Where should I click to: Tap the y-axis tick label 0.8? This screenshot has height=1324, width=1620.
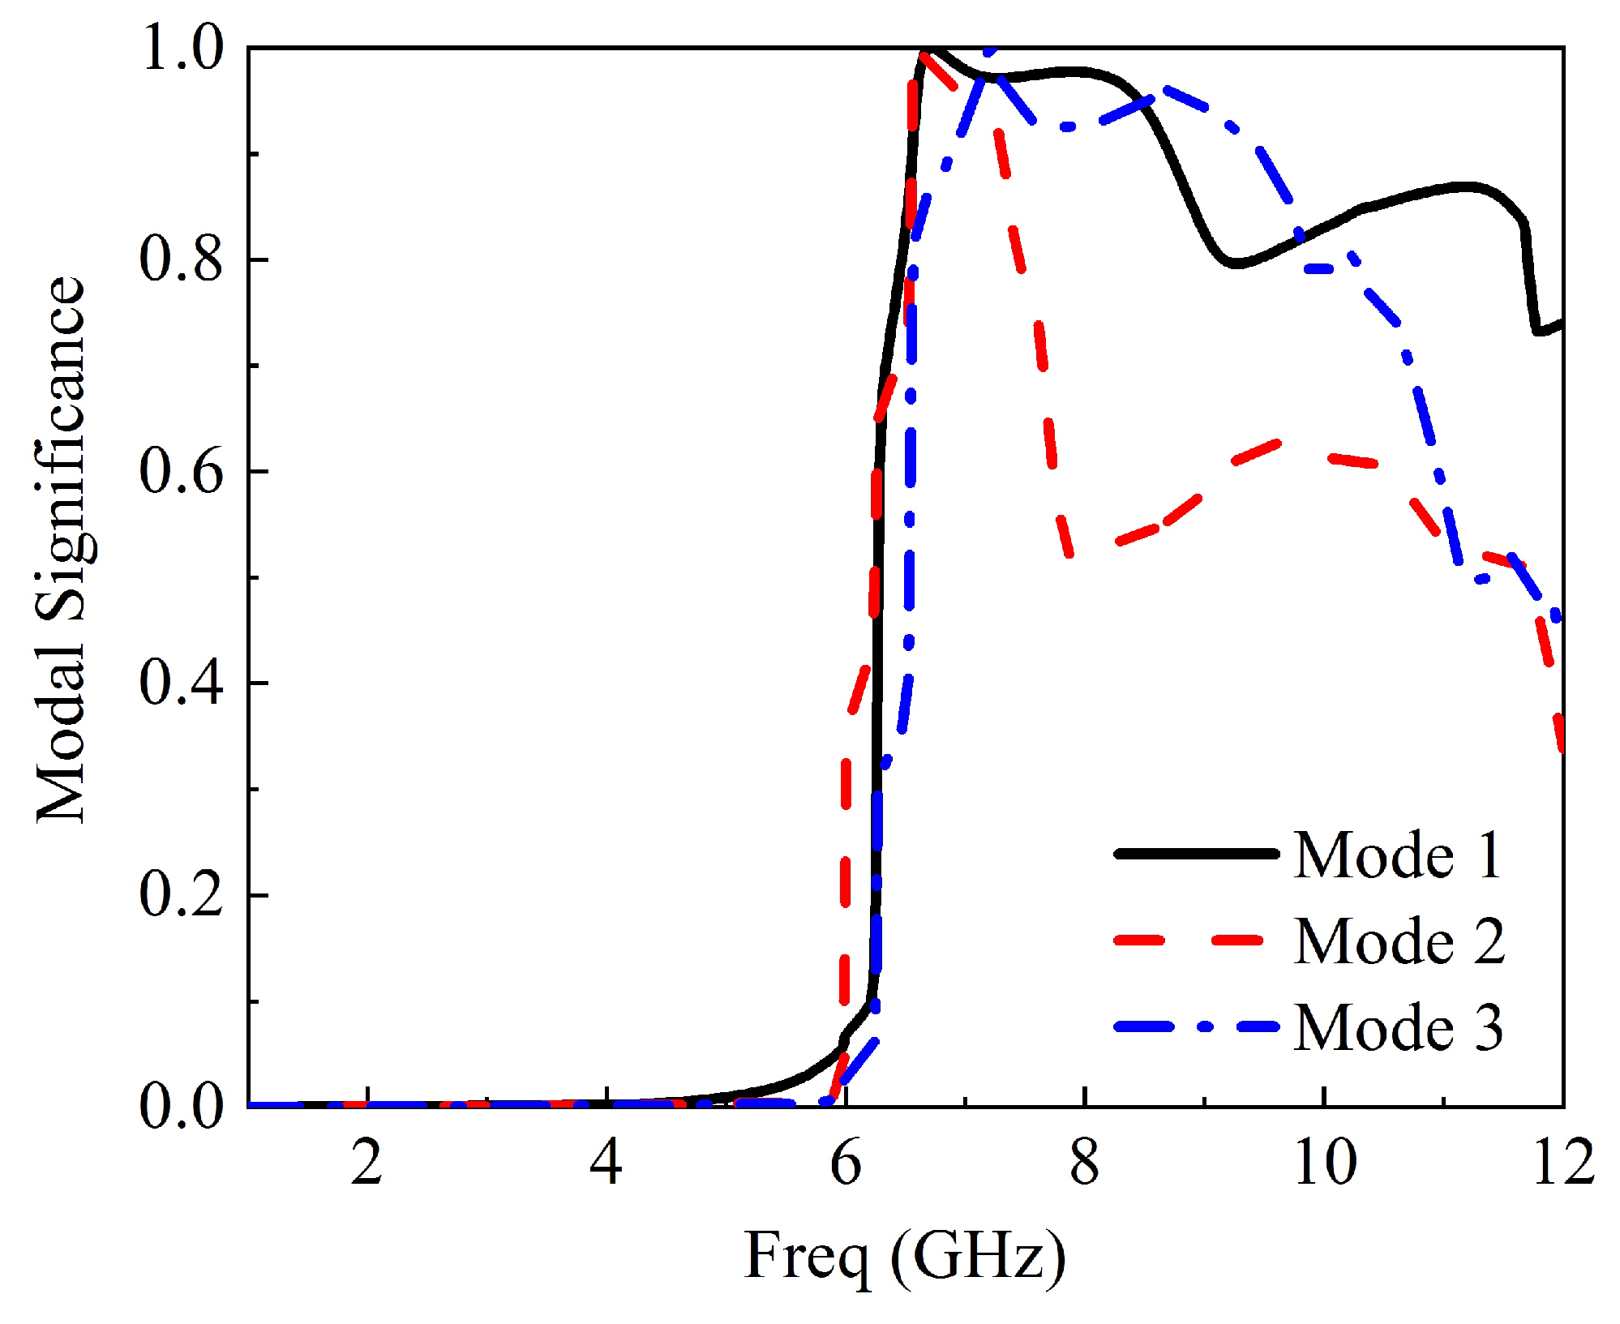tap(181, 259)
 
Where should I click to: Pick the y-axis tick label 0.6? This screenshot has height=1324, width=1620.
tap(181, 471)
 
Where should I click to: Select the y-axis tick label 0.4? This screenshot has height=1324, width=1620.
tap(181, 683)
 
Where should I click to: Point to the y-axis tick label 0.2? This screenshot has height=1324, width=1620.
tap(181, 895)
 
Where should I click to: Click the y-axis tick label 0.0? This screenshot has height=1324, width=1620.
tap(181, 1107)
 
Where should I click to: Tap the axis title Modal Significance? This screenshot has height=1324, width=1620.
tap(62, 550)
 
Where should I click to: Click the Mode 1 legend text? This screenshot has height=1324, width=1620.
tap(1398, 855)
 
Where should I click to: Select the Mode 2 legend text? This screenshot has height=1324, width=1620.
tap(1399, 941)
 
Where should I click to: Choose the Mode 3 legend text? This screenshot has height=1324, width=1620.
tap(1398, 1027)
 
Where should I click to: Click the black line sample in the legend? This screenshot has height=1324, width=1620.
tap(1196, 854)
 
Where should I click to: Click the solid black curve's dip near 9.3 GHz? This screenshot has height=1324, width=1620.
tap(1233, 264)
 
